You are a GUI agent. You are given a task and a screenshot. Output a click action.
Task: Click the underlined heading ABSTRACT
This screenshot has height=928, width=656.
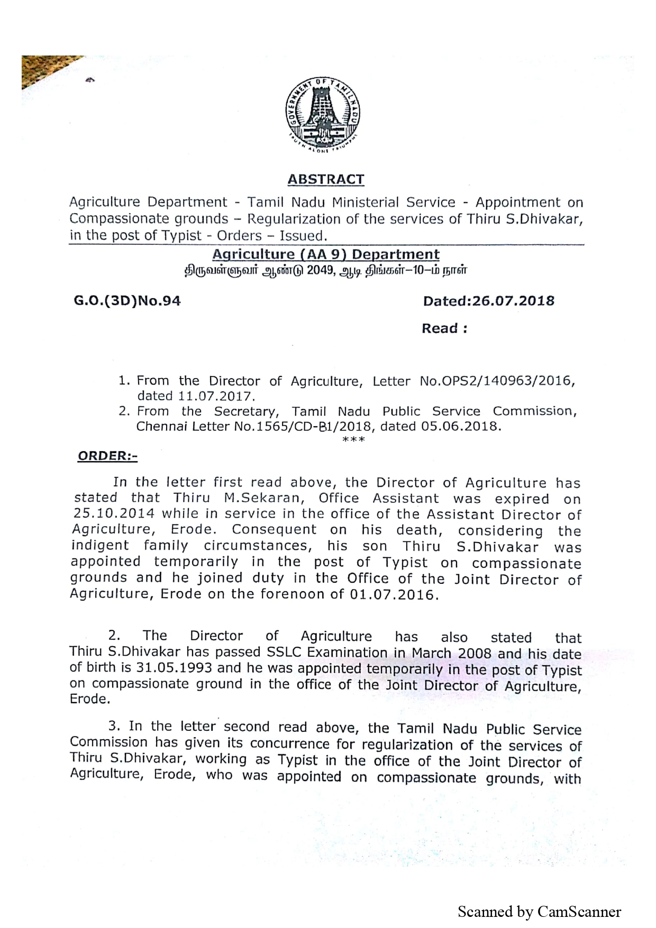[x=325, y=179]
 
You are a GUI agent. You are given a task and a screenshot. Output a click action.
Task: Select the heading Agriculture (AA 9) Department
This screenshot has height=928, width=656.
[x=326, y=254]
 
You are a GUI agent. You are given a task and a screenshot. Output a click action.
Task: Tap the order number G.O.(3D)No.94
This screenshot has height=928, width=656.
[x=127, y=301]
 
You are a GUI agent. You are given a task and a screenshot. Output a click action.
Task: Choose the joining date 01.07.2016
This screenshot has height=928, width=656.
[x=394, y=594]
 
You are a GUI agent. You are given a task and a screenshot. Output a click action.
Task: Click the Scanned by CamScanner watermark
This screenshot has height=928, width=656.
[x=539, y=912]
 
